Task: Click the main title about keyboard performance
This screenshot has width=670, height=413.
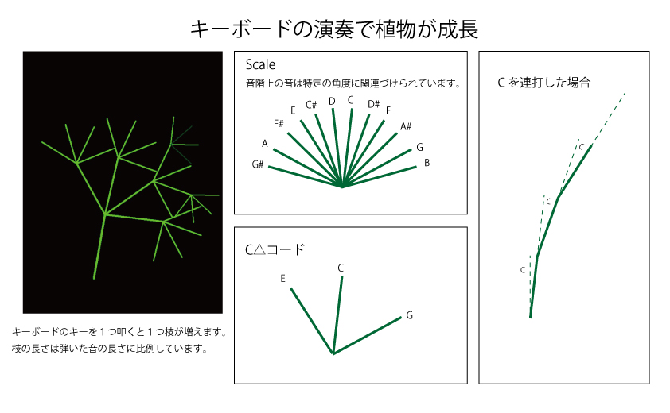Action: point(334,29)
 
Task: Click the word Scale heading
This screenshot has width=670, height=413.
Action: point(260,64)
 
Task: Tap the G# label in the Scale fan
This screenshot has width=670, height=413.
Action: point(258,164)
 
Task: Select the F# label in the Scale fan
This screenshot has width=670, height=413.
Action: point(279,124)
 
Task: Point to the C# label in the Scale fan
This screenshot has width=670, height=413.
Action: point(311,105)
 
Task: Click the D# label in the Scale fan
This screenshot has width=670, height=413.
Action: point(373,104)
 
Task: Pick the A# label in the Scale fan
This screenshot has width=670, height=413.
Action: point(406,126)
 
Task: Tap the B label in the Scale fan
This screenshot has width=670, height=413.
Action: point(427,163)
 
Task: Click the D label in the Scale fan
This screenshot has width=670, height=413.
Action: point(332,101)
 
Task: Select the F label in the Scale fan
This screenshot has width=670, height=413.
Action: point(388,110)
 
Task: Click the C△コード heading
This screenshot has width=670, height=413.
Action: point(275,249)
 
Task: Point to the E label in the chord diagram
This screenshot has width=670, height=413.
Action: point(282,279)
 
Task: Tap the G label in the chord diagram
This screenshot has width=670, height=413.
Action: point(409,315)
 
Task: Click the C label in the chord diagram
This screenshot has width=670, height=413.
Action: point(341,268)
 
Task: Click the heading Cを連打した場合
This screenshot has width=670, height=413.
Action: point(544,82)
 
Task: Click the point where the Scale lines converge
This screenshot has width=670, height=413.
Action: point(343,187)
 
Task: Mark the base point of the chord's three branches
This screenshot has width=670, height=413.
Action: point(333,353)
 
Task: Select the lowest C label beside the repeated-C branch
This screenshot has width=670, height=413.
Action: point(522,270)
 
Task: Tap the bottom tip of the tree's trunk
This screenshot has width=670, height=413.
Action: point(94,278)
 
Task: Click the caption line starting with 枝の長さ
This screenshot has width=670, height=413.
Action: point(110,349)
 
